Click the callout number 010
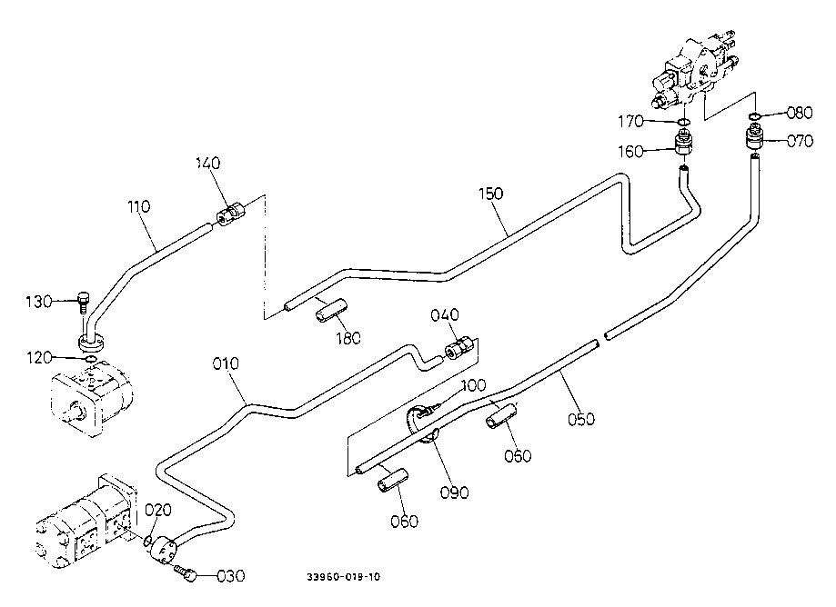click(x=226, y=363)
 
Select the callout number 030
click(x=231, y=574)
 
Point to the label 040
click(x=445, y=315)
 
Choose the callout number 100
click(x=473, y=386)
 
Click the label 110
click(x=138, y=207)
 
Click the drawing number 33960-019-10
click(x=344, y=577)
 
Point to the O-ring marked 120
click(x=88, y=359)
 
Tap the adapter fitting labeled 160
click(x=685, y=143)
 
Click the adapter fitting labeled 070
click(x=754, y=139)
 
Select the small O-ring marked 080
click(x=754, y=115)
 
